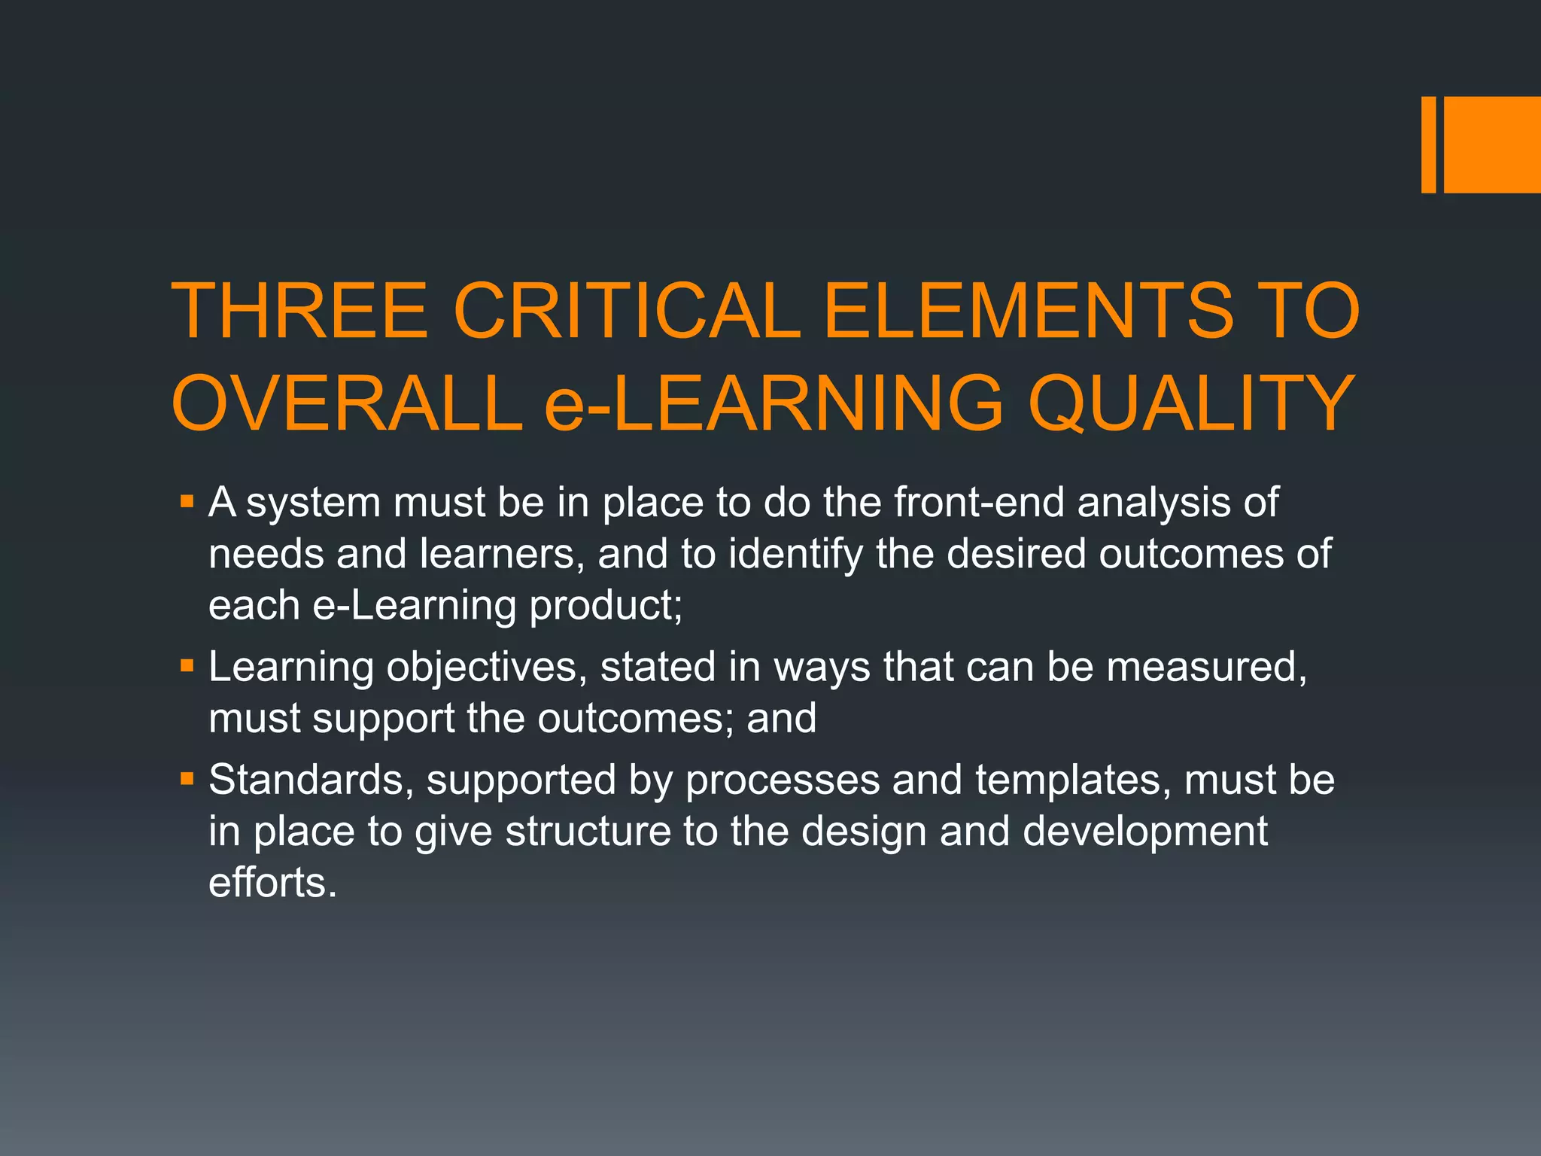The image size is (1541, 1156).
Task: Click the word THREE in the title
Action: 300,311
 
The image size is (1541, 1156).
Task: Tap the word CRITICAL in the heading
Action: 626,311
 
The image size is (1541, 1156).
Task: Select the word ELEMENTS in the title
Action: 1029,311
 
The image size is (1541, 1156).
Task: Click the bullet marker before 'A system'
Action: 187,500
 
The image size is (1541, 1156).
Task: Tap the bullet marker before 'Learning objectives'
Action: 187,665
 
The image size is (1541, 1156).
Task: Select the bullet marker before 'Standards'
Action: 187,778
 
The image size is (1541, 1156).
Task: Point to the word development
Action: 1145,832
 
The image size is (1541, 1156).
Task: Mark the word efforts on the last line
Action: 272,882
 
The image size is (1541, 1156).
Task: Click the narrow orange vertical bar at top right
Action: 1428,144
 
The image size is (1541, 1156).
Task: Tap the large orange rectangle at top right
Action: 1492,144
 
